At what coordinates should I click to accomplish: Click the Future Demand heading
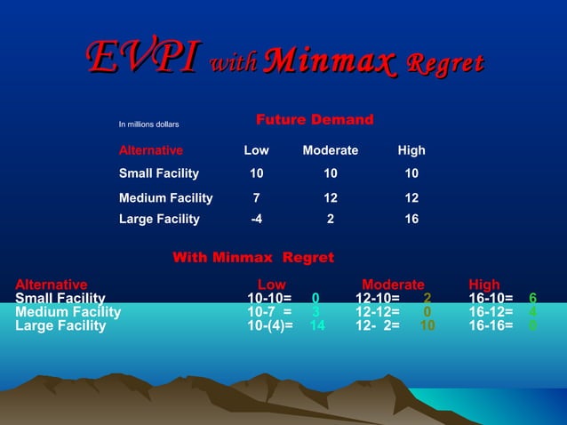click(x=315, y=120)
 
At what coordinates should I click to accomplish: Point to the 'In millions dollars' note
click(x=149, y=124)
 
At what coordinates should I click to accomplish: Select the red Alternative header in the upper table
click(x=151, y=150)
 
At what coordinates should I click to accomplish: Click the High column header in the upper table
click(x=411, y=150)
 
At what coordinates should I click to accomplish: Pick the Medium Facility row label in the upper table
click(x=166, y=198)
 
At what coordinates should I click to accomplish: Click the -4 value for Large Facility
click(x=256, y=219)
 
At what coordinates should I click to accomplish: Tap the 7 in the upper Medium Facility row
click(x=257, y=198)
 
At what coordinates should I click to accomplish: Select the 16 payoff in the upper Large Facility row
click(x=411, y=219)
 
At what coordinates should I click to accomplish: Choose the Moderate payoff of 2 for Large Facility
click(x=331, y=219)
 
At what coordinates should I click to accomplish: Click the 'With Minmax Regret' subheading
click(x=253, y=258)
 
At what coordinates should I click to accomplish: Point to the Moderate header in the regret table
click(x=393, y=285)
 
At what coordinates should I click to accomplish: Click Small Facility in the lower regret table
click(x=60, y=298)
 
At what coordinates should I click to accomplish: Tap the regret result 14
click(x=316, y=325)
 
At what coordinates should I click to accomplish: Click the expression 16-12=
click(x=491, y=312)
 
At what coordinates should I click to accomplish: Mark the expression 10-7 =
click(x=269, y=312)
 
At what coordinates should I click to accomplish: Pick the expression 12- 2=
click(x=378, y=325)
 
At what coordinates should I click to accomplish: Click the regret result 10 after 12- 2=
click(x=427, y=325)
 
